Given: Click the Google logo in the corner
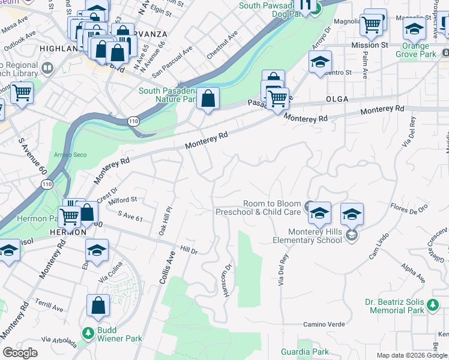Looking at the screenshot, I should [20, 352].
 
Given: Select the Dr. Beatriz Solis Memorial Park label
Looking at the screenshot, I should [394, 306].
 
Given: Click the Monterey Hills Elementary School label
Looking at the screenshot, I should [310, 236].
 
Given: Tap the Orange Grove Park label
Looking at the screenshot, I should [416, 50].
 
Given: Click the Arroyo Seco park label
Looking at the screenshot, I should [71, 155].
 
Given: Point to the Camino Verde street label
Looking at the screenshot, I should [324, 324].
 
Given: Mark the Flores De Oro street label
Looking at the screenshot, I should [409, 208].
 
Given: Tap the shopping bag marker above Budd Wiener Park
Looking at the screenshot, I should [98, 305].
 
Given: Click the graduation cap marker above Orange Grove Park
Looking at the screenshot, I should [414, 28].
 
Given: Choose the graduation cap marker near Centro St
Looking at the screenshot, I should [320, 62].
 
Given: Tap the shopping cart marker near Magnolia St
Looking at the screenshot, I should [372, 25].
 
